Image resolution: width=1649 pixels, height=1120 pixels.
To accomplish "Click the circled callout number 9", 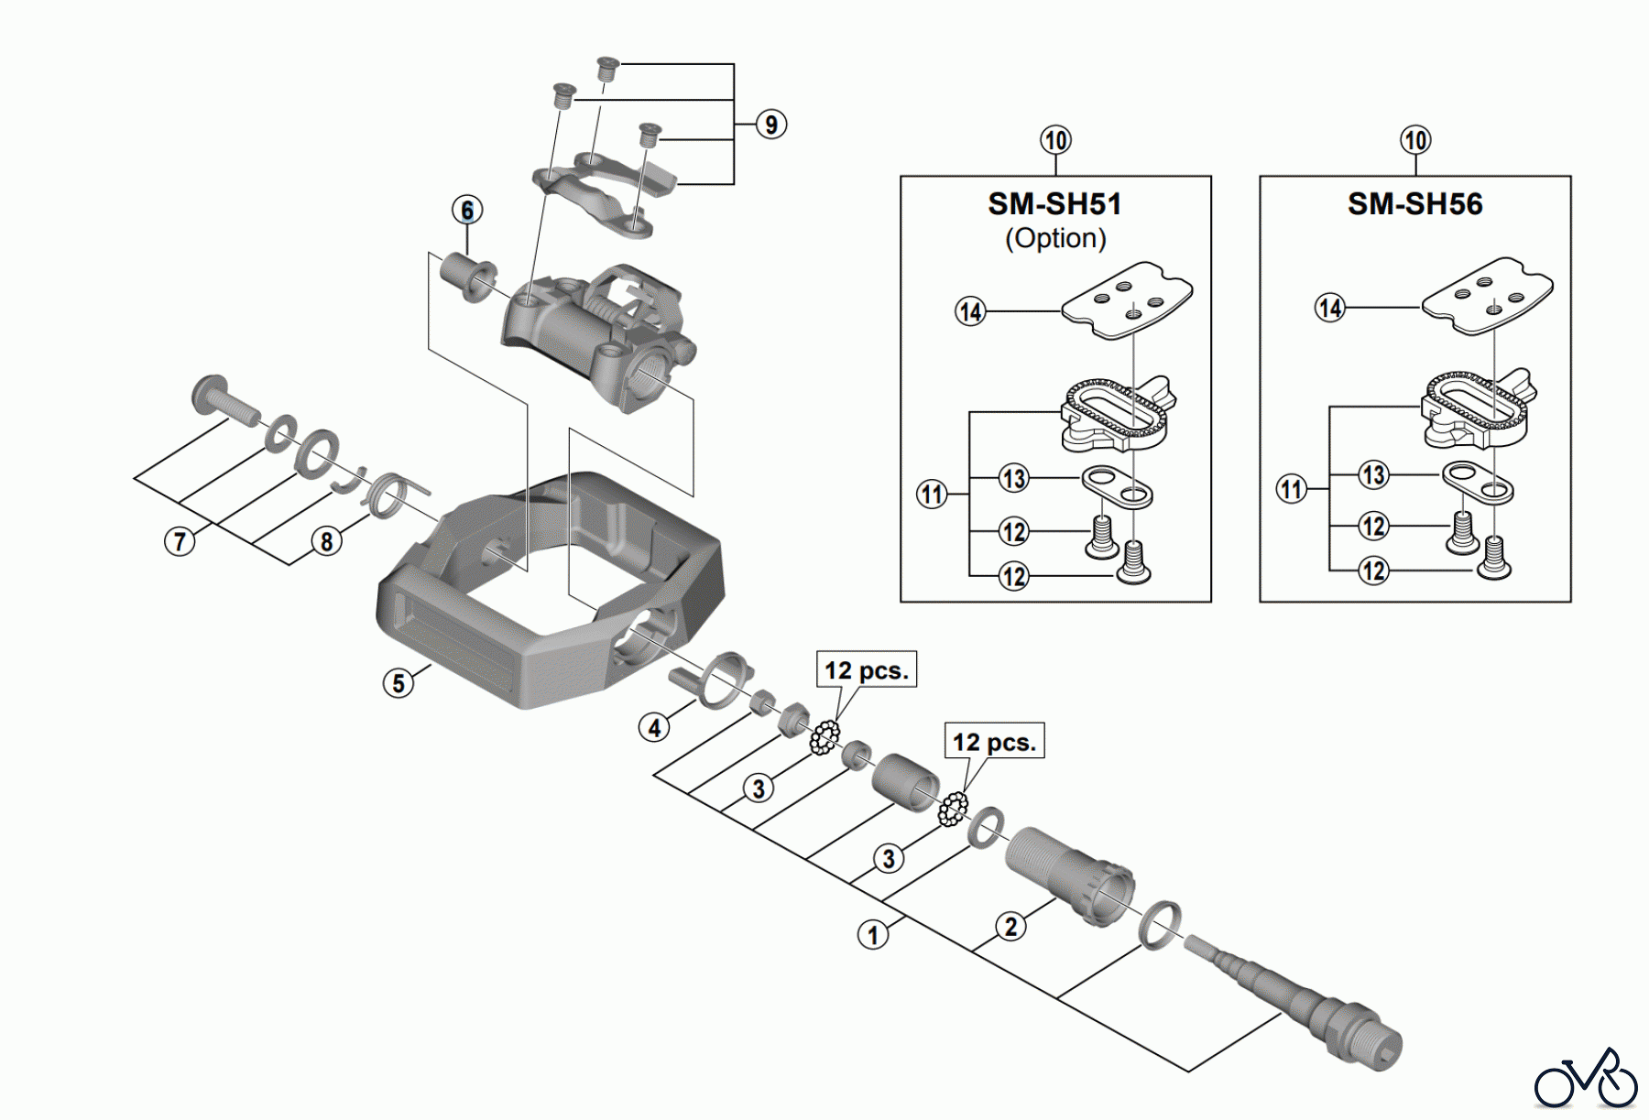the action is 771,125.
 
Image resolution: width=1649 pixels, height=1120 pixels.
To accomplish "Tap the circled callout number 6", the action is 467,211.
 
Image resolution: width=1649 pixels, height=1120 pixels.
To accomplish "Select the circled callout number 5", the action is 399,683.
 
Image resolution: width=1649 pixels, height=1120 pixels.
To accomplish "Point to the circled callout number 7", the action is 180,541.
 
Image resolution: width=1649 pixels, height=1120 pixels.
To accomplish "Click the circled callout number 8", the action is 326,541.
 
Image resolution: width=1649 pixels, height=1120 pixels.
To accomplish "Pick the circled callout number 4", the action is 654,728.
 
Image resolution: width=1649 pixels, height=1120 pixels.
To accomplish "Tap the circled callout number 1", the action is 873,935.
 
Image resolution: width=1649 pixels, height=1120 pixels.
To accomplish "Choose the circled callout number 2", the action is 1010,927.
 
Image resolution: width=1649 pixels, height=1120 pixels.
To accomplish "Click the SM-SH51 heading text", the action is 1054,203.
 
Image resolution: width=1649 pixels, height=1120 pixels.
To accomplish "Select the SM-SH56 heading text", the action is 1415,203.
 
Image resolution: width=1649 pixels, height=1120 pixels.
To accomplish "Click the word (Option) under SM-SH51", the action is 1055,238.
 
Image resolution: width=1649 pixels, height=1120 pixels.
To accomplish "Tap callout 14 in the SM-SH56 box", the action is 1330,308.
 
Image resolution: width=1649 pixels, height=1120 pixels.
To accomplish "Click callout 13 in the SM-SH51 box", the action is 1013,478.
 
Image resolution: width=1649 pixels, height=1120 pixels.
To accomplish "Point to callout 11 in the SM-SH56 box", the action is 1292,489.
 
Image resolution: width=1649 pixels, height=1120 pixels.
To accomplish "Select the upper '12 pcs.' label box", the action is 867,669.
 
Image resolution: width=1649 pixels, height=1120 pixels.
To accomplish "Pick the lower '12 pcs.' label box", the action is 995,741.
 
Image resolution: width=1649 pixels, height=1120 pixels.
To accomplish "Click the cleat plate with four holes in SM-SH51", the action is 1127,300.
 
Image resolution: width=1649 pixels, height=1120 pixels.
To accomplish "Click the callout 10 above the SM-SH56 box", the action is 1415,140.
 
